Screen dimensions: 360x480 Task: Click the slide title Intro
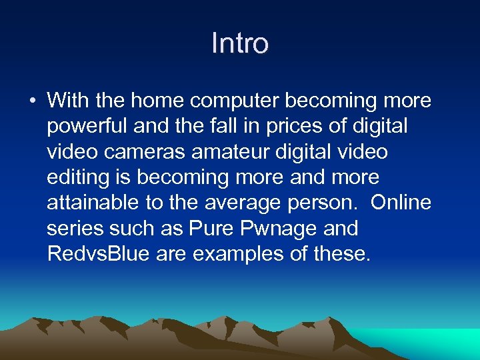coord(240,44)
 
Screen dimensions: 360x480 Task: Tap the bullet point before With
coord(32,101)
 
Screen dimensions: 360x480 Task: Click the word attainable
coord(90,203)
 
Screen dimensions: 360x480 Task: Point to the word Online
coord(401,203)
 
